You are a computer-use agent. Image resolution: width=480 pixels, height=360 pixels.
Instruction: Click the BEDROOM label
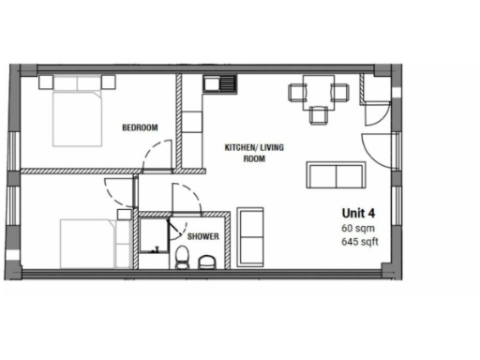coord(139,127)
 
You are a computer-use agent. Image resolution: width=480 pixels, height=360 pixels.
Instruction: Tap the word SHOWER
coord(202,237)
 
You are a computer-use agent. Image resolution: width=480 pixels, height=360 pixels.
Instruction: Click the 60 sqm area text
coord(357,228)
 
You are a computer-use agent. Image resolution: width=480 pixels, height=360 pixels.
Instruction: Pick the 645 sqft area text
coord(359,243)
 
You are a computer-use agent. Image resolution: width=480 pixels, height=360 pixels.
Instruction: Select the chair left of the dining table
coord(296,92)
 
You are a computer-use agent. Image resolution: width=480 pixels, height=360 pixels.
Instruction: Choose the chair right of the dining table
coord(341,92)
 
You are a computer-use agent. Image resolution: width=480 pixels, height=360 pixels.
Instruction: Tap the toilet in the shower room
coord(182,257)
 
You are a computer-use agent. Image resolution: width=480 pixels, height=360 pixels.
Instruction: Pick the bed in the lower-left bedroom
coord(90,243)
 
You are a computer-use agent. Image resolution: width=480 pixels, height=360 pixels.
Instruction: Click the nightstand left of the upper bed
coord(45,82)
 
